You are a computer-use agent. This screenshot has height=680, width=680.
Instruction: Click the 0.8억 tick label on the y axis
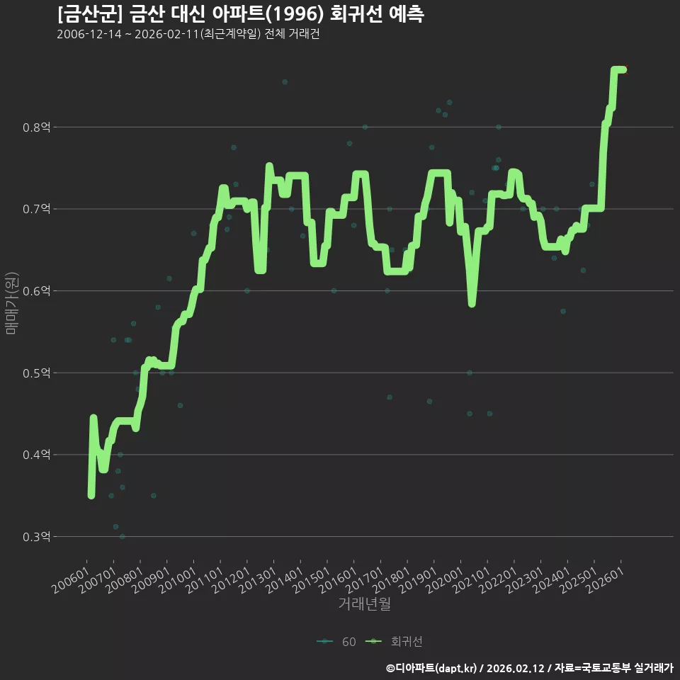point(36,127)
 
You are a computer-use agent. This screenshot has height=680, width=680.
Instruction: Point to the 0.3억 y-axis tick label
point(36,537)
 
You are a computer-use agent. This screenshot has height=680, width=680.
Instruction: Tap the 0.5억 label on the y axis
point(36,373)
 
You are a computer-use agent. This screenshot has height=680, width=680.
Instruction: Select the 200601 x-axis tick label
point(71,580)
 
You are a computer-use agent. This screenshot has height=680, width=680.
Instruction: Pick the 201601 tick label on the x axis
point(339,580)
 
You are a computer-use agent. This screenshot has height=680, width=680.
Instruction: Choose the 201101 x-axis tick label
point(205,580)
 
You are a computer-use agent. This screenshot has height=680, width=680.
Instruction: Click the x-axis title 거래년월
point(364,603)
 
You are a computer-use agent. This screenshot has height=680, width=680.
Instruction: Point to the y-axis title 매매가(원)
point(11,304)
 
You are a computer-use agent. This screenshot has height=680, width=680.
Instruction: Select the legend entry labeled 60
point(336,642)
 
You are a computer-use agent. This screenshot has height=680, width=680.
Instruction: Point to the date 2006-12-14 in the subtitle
point(89,34)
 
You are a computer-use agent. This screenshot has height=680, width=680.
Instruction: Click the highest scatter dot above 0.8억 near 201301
point(285,82)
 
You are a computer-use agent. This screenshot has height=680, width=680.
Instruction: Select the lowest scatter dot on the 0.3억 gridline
point(123,536)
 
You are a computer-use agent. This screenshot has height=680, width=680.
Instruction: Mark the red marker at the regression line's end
point(625,69)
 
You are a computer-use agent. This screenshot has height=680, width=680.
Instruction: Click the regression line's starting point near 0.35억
point(91,496)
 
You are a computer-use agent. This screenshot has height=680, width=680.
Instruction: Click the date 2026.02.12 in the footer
point(515,668)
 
